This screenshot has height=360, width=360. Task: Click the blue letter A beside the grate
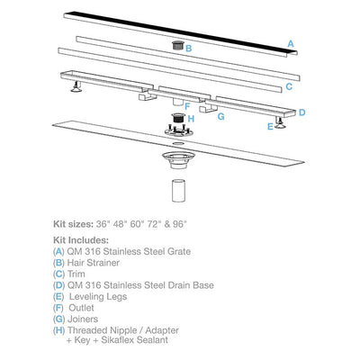(x=291, y=44)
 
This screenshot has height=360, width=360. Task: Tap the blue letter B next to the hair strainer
(x=189, y=49)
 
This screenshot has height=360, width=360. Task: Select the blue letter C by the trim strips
(x=289, y=86)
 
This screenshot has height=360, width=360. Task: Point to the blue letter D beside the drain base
(x=301, y=112)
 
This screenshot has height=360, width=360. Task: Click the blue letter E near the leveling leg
(x=270, y=127)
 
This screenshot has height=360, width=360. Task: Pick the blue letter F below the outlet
(x=187, y=106)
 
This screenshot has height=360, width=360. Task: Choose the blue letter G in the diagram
(x=220, y=116)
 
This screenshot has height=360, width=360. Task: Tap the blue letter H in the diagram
(x=191, y=119)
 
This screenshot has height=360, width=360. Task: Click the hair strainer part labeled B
(x=177, y=46)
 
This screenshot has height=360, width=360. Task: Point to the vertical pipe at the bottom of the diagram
(x=179, y=191)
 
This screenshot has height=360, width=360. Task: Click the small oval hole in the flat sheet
(x=179, y=144)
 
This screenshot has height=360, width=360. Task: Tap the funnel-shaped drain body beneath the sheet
(x=179, y=160)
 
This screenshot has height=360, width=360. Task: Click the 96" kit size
(x=180, y=224)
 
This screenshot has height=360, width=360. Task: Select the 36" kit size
(x=103, y=224)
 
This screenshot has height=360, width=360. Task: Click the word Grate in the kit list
(x=179, y=251)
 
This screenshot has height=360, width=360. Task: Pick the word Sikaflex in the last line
(x=117, y=340)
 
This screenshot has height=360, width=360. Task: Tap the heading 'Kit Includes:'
(x=81, y=240)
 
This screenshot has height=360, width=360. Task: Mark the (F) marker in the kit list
(x=58, y=308)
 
